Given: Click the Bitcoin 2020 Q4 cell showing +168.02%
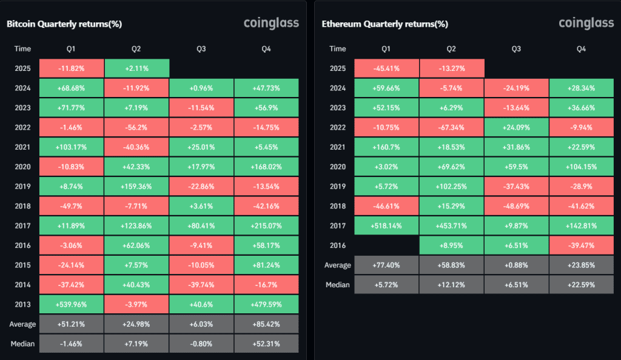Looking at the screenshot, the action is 266,167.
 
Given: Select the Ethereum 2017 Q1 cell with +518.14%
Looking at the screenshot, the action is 386,225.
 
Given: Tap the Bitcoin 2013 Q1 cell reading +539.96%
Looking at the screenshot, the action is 72,304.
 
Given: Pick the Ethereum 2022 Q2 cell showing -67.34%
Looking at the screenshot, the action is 451,127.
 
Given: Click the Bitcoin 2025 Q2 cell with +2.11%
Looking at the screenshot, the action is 136,68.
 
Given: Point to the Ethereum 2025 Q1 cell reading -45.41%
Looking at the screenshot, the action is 386,68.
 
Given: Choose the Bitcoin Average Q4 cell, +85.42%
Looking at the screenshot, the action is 266,324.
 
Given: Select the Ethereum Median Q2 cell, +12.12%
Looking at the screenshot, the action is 451,284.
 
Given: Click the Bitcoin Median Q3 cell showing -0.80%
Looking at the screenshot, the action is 201,344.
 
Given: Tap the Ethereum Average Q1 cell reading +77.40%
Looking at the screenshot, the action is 386,265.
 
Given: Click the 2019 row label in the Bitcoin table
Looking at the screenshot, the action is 22,186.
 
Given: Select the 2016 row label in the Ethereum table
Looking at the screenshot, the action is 337,245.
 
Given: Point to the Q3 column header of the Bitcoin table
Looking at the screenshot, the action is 201,48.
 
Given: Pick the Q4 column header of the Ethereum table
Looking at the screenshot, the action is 581,48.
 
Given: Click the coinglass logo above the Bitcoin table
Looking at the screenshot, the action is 271,24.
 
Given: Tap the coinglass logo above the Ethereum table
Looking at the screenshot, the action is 586,24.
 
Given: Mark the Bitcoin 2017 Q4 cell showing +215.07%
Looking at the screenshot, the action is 266,225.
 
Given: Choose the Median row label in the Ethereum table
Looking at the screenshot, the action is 337,284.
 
